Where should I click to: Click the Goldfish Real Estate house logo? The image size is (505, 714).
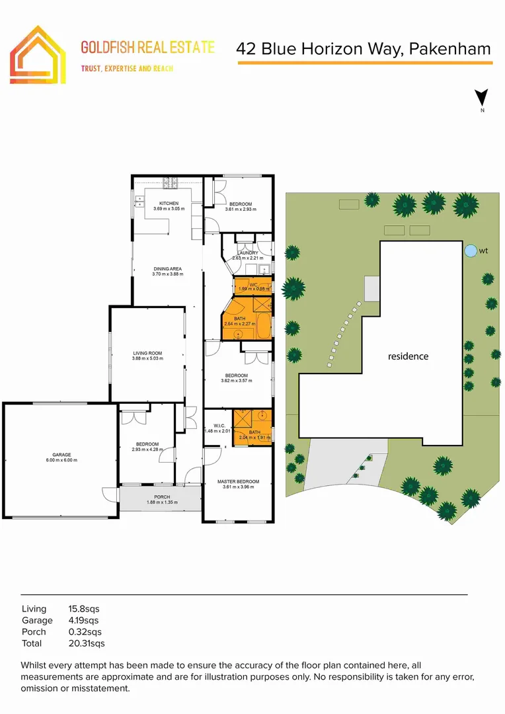[38, 55]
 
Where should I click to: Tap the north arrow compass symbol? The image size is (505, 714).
[483, 99]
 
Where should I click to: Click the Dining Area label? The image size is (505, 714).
[167, 268]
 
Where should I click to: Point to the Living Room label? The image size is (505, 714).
[147, 354]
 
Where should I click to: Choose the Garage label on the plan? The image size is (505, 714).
[61, 455]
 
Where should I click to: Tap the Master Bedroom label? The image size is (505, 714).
[238, 481]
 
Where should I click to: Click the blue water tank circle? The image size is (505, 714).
[470, 251]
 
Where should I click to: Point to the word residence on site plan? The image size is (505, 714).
[408, 356]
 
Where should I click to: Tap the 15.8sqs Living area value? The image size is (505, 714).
[84, 608]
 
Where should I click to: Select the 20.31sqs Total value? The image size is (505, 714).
[87, 643]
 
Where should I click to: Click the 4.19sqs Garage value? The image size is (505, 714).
[84, 620]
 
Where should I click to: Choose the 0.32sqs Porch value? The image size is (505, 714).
[84, 631]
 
